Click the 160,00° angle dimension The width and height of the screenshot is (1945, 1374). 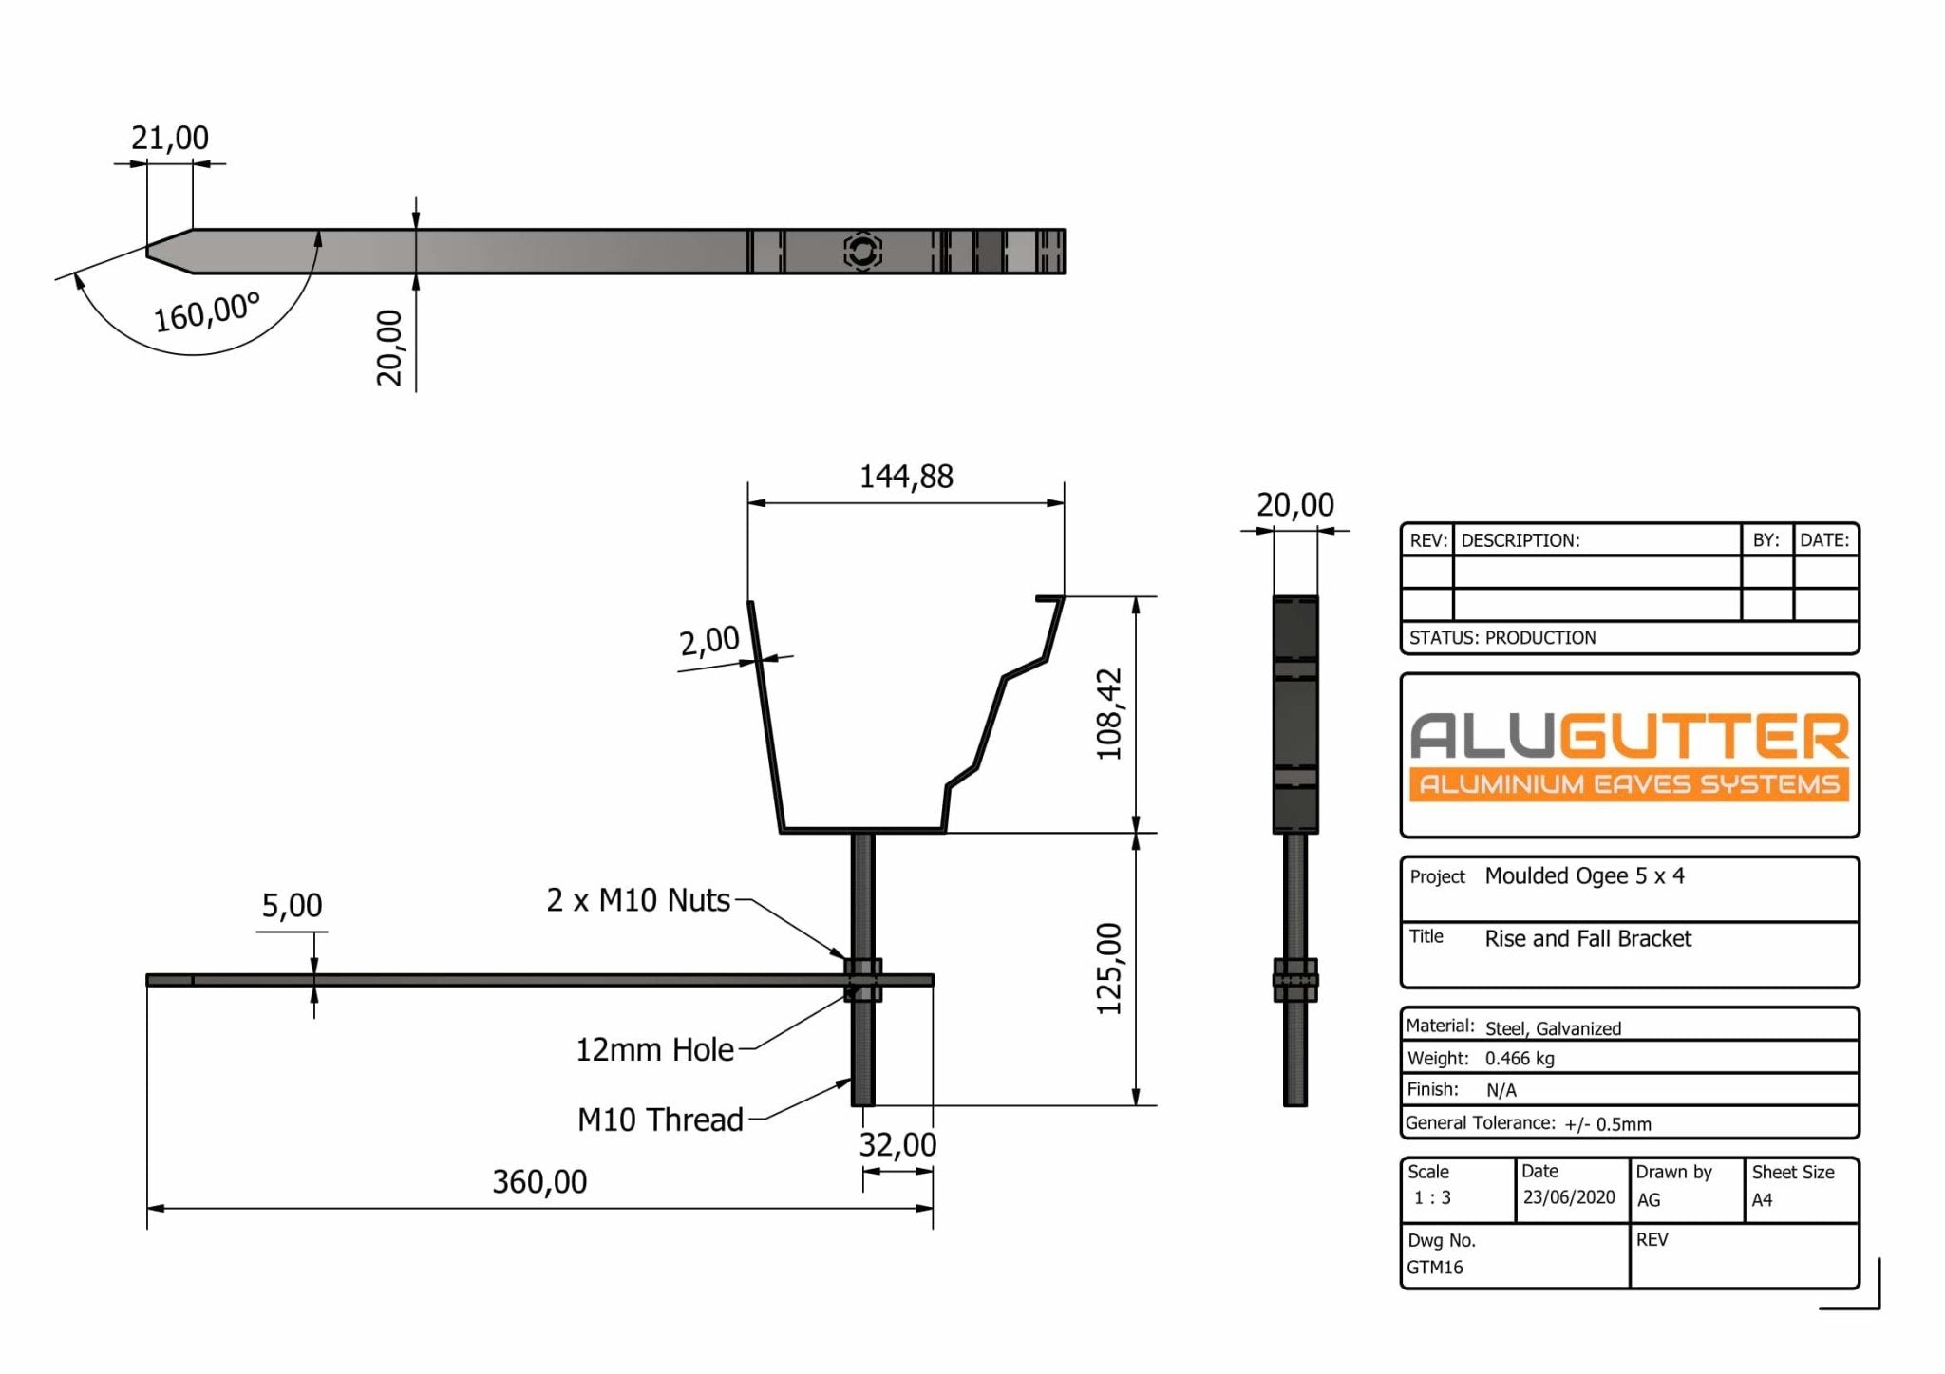click(207, 311)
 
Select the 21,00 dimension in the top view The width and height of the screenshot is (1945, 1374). click(170, 138)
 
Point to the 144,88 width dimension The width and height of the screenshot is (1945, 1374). click(906, 476)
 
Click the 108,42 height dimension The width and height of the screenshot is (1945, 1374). click(1108, 714)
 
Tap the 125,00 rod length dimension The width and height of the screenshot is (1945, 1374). click(1108, 969)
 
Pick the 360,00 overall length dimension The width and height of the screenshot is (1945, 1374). click(539, 1181)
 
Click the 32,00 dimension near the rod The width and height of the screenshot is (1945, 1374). click(897, 1144)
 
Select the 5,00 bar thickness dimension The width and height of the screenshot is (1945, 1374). click(292, 905)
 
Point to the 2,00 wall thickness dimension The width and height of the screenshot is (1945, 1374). click(709, 641)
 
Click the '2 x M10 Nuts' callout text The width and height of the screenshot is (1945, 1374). click(638, 899)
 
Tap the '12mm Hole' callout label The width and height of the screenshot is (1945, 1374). click(654, 1049)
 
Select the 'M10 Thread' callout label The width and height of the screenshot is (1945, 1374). click(660, 1120)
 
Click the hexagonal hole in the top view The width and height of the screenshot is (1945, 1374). click(862, 252)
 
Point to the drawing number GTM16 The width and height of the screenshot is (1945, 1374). click(1434, 1267)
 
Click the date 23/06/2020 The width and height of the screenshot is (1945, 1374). click(1569, 1196)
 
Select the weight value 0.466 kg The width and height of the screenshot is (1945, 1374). click(1520, 1058)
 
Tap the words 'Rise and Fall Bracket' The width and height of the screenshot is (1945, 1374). click(1588, 938)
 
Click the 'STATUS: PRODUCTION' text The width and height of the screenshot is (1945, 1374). click(1502, 637)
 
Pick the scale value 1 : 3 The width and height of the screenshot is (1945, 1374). click(1432, 1197)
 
